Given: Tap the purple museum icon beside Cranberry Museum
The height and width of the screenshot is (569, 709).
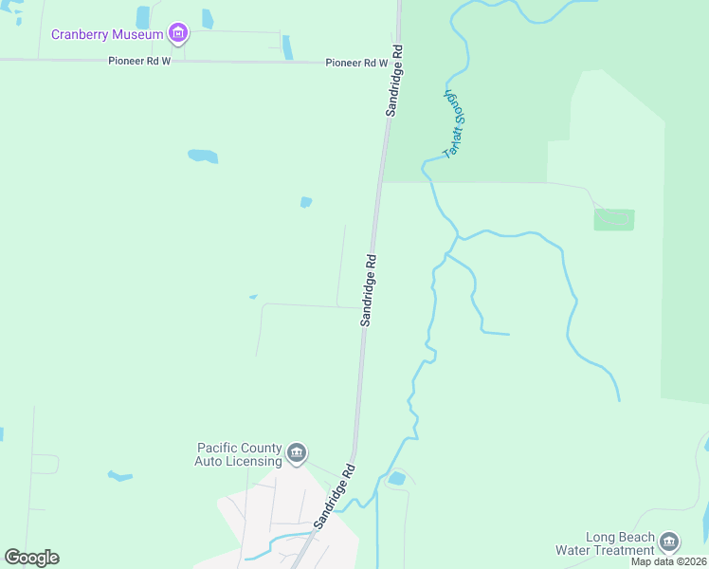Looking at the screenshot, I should pyautogui.click(x=177, y=35).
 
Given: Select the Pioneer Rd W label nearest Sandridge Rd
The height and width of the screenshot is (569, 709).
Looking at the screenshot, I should pyautogui.click(x=356, y=64).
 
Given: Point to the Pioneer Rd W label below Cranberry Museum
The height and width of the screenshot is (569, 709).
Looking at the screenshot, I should pyautogui.click(x=138, y=60).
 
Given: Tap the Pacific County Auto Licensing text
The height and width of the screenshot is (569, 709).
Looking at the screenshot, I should pyautogui.click(x=239, y=454).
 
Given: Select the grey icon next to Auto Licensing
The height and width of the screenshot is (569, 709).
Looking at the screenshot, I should pyautogui.click(x=297, y=453).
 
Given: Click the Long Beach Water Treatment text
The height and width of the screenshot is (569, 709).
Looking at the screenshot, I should pyautogui.click(x=620, y=543).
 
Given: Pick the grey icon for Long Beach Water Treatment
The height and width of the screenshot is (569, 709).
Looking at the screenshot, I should pyautogui.click(x=669, y=541).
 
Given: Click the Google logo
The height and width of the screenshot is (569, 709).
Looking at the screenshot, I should pyautogui.click(x=31, y=558).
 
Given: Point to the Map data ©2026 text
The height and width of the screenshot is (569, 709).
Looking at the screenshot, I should pyautogui.click(x=669, y=561).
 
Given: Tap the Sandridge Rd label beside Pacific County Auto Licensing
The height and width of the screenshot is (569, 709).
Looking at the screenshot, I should pyautogui.click(x=336, y=494).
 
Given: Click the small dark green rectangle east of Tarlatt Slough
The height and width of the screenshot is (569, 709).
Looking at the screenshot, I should pyautogui.click(x=613, y=220).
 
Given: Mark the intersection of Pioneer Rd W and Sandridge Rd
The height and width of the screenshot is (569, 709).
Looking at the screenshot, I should pyautogui.click(x=395, y=64).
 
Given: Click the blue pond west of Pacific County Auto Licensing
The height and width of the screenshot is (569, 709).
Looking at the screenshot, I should pyautogui.click(x=120, y=475).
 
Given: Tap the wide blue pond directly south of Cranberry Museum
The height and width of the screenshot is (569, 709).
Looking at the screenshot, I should pyautogui.click(x=203, y=156).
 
